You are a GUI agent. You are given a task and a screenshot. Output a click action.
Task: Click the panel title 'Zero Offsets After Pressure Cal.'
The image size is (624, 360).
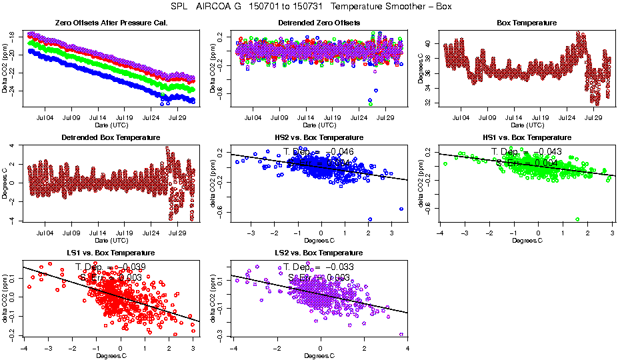click(x=111, y=23)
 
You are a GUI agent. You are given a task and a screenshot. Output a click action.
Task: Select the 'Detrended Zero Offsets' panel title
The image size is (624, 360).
click(x=319, y=23)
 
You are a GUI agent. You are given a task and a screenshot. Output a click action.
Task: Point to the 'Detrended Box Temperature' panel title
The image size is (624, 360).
click(x=111, y=138)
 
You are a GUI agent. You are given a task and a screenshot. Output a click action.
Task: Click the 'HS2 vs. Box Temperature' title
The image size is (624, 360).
click(x=319, y=138)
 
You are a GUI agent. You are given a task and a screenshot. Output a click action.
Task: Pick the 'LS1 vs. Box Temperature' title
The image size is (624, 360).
click(x=111, y=253)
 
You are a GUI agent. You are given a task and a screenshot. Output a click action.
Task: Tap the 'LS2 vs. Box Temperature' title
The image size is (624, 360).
click(x=319, y=253)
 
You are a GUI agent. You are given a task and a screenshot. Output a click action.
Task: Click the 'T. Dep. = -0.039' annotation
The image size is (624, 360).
click(x=111, y=267)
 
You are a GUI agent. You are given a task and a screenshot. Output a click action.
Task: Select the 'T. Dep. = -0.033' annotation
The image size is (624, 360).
click(x=319, y=267)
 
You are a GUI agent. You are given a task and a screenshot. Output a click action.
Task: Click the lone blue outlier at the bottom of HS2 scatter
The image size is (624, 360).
click(x=370, y=219)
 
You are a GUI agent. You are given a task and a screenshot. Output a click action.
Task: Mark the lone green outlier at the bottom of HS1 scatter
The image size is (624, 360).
click(x=577, y=219)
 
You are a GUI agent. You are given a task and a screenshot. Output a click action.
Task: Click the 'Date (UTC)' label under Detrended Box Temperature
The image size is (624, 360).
click(x=111, y=240)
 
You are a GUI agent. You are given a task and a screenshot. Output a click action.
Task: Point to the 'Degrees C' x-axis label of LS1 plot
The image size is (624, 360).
click(x=111, y=355)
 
